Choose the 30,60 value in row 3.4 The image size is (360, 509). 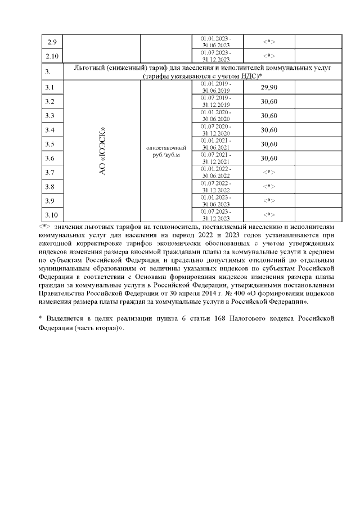[x=269, y=129]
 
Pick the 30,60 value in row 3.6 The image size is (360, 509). [x=269, y=158]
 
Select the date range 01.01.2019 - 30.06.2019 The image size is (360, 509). [x=215, y=87]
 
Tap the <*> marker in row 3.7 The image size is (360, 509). [x=269, y=172]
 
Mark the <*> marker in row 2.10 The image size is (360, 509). [x=269, y=56]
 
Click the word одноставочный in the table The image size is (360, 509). [x=165, y=147]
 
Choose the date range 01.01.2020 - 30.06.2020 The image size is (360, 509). [x=215, y=115]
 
